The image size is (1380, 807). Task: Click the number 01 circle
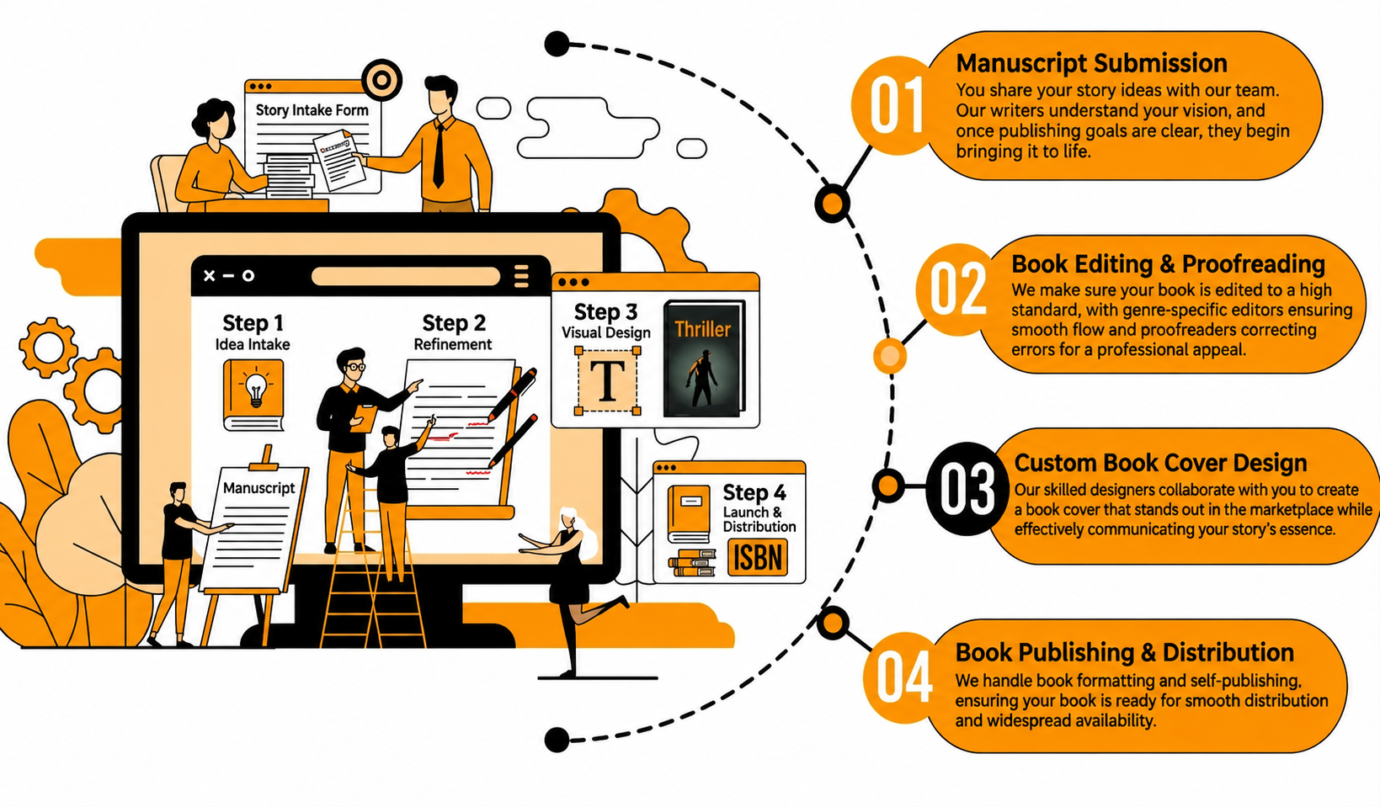pos(897,105)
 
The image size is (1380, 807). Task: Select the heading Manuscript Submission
pos(1092,63)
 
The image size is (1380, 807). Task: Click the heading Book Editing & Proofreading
pos(1168,263)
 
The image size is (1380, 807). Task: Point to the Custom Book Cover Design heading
pos(1161,462)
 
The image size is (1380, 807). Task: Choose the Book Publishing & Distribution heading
pos(1124,652)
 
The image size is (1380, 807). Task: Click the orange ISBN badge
pos(757,558)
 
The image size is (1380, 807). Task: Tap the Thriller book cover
pos(704,358)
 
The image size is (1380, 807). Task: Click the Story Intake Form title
pos(312,110)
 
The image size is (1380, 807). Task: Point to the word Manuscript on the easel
pos(258,488)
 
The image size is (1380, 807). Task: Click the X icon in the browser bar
pos(210,276)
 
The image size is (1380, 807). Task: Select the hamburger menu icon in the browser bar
pos(521,276)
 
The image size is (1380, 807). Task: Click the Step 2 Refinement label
pos(453,332)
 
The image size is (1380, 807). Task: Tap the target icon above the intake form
pos(382,80)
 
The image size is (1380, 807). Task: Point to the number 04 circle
pos(903,677)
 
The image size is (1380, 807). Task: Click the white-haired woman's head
pos(567,518)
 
